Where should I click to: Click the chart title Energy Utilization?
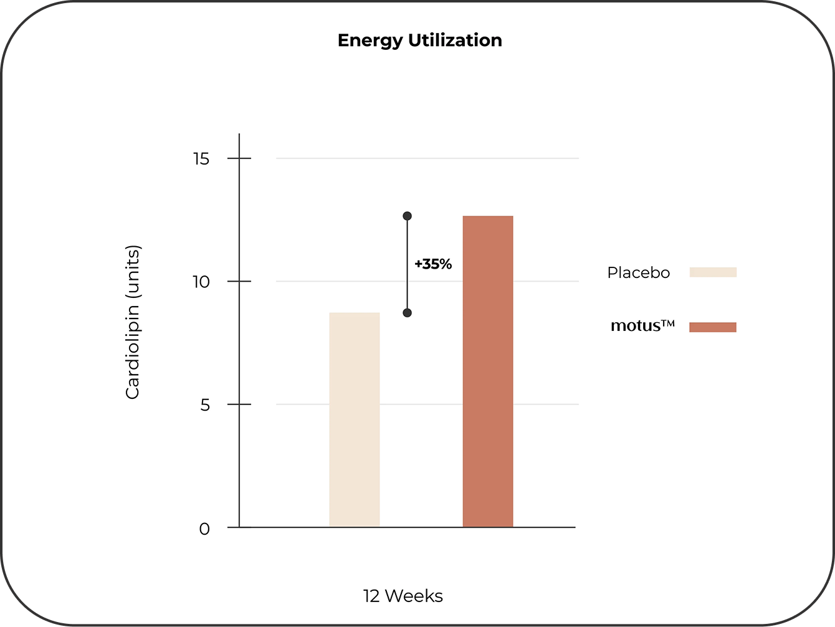point(419,41)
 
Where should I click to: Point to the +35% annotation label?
point(433,264)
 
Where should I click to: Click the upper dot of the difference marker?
point(407,216)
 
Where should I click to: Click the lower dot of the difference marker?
point(407,313)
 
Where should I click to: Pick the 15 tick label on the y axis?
point(201,159)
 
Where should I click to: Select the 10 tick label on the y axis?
point(201,282)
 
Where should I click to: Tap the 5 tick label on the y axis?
point(204,405)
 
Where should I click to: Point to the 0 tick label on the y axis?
point(204,529)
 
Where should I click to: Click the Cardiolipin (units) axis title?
point(133,322)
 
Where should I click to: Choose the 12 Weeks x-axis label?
point(403,596)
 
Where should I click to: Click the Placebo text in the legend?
point(638,273)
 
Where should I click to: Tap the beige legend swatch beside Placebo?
point(713,272)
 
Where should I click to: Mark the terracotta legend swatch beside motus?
point(713,327)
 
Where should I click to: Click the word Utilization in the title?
point(455,41)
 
